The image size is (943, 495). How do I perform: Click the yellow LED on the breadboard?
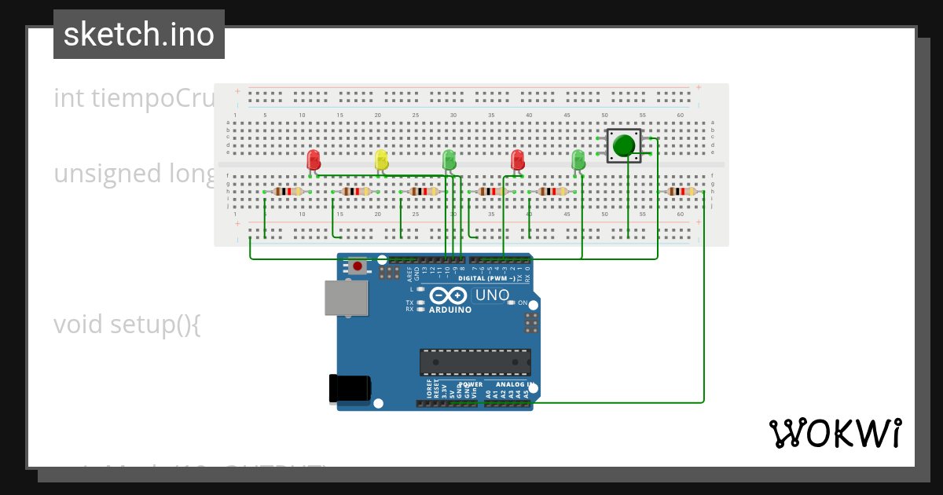pos(381,160)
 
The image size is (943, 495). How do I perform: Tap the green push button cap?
pos(624,146)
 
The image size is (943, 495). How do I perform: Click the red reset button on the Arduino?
pos(358,266)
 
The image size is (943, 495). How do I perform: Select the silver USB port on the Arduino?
pos(347,298)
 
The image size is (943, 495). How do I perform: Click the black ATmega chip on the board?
pos(475,362)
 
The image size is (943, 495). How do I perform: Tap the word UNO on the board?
pos(493,295)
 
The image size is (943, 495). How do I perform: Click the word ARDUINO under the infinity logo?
pos(450,310)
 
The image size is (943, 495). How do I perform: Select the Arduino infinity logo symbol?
pos(448,295)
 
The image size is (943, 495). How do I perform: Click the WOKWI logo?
pos(835,434)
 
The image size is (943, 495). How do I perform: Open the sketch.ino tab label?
pos(139,35)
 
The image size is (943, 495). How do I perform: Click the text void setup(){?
pos(127,324)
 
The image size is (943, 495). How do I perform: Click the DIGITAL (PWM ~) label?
pos(487,278)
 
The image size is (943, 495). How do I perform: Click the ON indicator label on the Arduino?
pos(522,302)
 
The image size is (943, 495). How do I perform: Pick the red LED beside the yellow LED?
pos(314,160)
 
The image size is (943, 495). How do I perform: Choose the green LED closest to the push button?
pos(578,160)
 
